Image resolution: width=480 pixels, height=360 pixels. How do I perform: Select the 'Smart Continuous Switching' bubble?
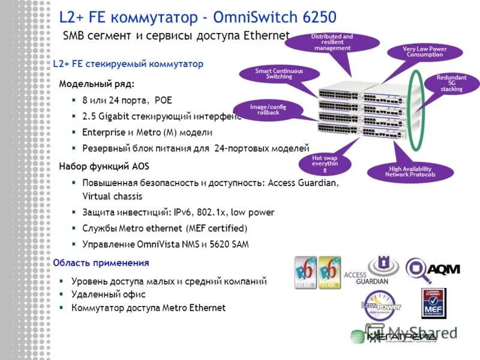click(x=279, y=74)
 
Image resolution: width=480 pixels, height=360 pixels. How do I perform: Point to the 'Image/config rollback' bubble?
click(x=268, y=109)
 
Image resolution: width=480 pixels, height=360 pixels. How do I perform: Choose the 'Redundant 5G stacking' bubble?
click(x=451, y=83)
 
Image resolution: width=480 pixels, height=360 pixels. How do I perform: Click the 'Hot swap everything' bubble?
click(x=325, y=163)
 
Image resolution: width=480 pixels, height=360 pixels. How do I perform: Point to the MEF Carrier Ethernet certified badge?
click(x=433, y=304)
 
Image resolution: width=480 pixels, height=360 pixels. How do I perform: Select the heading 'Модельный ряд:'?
click(x=97, y=83)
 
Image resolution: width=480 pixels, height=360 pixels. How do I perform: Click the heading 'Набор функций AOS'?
click(x=104, y=166)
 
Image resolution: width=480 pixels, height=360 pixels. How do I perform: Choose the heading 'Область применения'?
click(x=101, y=263)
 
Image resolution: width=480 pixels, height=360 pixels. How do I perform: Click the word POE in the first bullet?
click(x=163, y=100)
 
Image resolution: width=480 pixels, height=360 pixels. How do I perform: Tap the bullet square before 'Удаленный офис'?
click(x=62, y=294)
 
